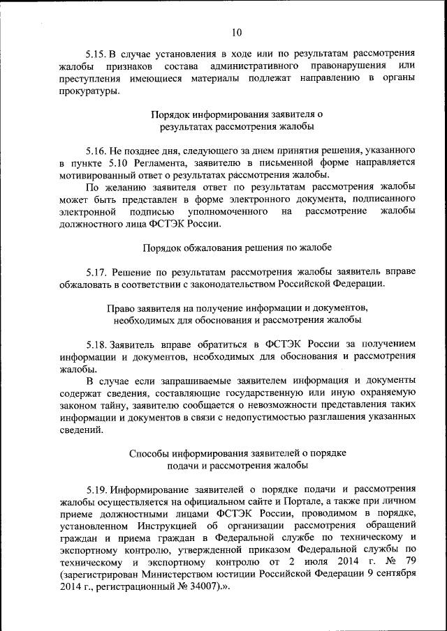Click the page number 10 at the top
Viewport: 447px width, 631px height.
click(237, 32)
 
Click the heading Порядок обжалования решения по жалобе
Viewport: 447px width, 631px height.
click(237, 248)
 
